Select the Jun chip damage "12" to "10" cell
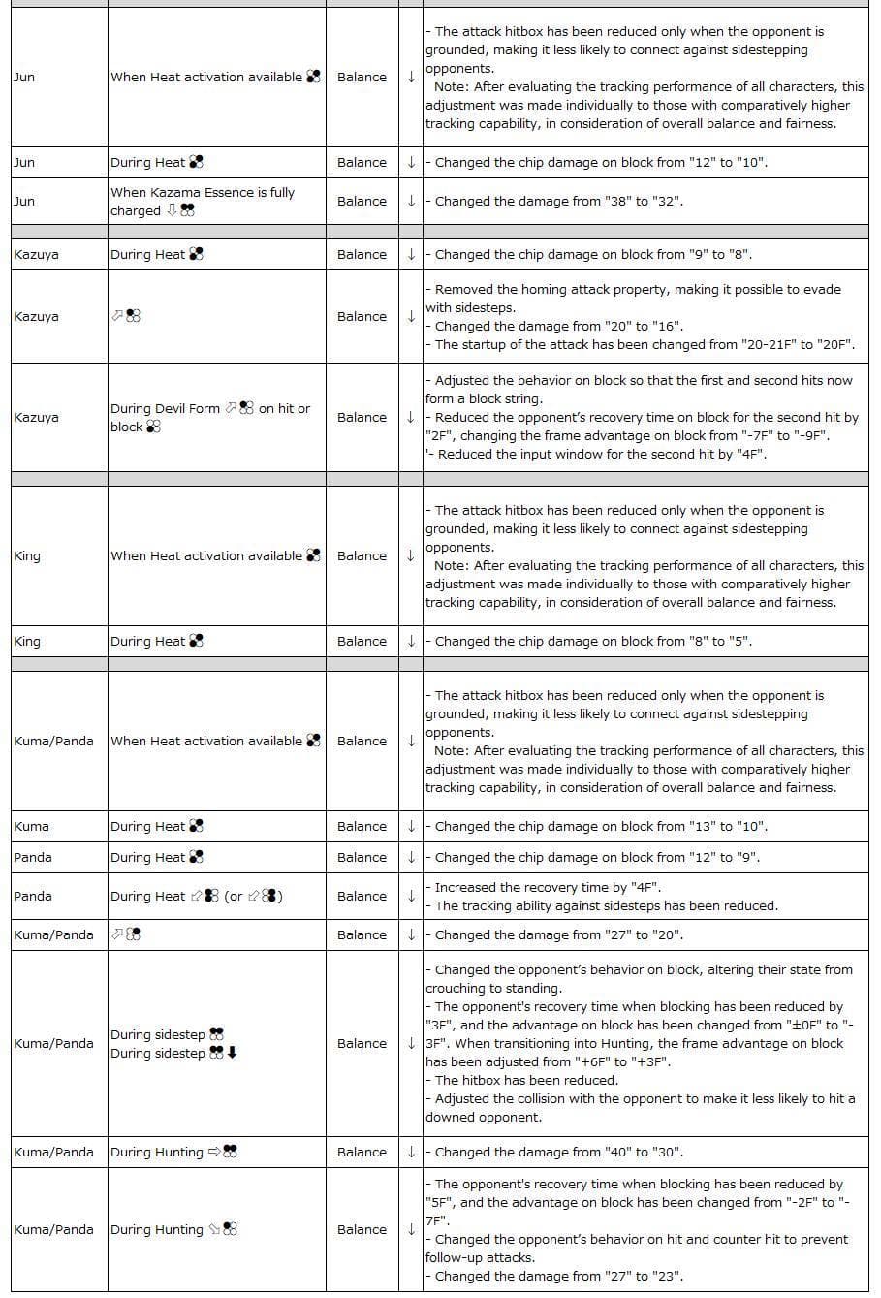point(601,163)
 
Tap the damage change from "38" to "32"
point(558,202)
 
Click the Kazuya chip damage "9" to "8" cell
point(593,255)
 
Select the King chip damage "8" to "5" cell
point(593,642)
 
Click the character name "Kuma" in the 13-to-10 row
point(32,827)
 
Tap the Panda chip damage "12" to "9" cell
point(597,858)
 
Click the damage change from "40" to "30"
point(558,1153)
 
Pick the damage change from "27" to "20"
point(558,935)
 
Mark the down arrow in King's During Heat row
point(411,642)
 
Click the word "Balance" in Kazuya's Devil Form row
point(362,418)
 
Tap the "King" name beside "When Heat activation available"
point(27,556)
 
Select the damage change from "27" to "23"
point(558,1277)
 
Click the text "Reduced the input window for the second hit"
point(601,455)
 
